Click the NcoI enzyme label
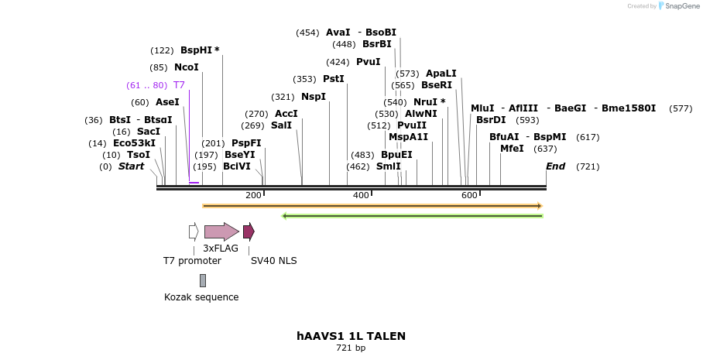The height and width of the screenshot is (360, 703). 187,67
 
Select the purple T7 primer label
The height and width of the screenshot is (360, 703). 179,85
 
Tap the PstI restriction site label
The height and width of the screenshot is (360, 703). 334,79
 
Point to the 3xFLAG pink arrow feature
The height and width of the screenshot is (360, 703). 221,231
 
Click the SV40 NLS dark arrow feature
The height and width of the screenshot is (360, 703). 249,231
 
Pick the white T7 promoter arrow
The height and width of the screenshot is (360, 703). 194,231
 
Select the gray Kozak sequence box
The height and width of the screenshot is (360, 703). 203,280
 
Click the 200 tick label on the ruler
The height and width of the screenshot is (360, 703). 253,195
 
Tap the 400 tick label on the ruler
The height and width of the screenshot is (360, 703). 361,195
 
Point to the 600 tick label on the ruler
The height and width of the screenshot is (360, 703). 469,195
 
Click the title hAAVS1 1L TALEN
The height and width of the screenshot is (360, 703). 351,336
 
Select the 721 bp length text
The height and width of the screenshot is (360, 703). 351,348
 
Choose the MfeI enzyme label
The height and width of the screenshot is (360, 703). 512,149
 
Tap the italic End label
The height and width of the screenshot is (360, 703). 555,166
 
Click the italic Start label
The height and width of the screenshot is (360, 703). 131,166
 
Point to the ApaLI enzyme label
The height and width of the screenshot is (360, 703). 441,74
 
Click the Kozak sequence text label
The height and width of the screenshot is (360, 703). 201,297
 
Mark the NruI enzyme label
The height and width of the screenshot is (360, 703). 426,102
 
